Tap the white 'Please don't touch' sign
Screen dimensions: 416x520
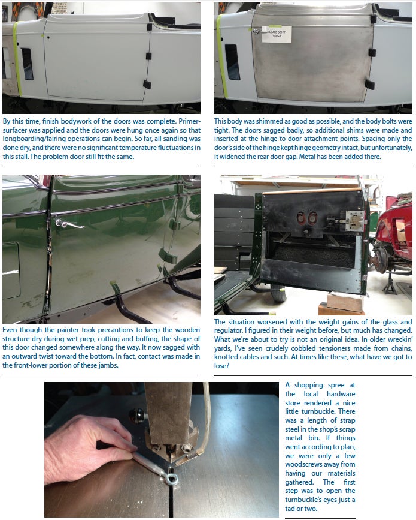pyautogui.click(x=277, y=35)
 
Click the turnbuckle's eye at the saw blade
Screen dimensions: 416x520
pyautogui.click(x=171, y=478)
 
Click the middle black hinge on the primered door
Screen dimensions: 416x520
pyautogui.click(x=148, y=56)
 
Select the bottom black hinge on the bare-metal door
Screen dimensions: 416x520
pyautogui.click(x=369, y=84)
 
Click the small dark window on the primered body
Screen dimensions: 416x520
pyautogui.click(x=27, y=64)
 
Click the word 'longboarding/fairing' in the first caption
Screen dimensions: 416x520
pyautogui.click(x=33, y=139)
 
